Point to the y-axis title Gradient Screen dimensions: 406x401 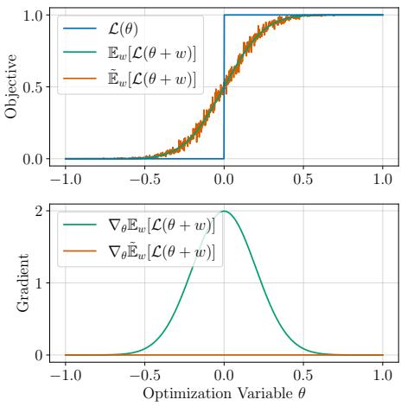click(x=11, y=282)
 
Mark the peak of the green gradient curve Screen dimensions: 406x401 click(x=225, y=211)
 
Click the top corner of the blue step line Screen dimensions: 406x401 click(x=225, y=16)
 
